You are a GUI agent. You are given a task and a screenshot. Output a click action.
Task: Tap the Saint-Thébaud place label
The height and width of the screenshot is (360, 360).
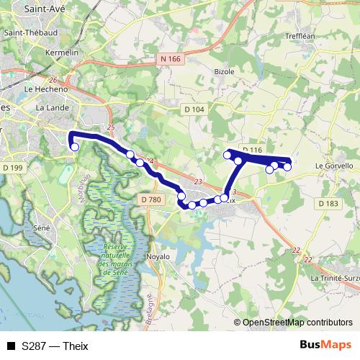(x=31, y=32)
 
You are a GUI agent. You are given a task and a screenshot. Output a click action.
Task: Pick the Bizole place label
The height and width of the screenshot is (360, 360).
(x=225, y=72)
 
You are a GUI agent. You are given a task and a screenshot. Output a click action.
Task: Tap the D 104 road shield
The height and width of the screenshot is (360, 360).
(x=194, y=109)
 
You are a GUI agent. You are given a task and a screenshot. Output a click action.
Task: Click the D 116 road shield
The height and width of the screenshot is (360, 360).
(x=252, y=150)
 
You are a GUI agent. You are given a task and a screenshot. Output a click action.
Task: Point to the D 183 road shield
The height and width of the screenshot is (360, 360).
(x=328, y=204)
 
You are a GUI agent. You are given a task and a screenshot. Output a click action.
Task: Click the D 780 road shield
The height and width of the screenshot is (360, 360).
(x=150, y=199)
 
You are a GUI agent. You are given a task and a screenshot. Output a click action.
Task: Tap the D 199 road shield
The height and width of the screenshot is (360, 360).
(x=14, y=168)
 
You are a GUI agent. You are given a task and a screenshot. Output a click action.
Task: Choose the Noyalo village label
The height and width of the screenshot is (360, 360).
(x=157, y=256)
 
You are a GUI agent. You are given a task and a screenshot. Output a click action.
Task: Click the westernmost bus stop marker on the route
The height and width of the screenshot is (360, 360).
(x=74, y=147)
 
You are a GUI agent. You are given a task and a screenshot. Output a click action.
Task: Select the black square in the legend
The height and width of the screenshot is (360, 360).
(x=11, y=346)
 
